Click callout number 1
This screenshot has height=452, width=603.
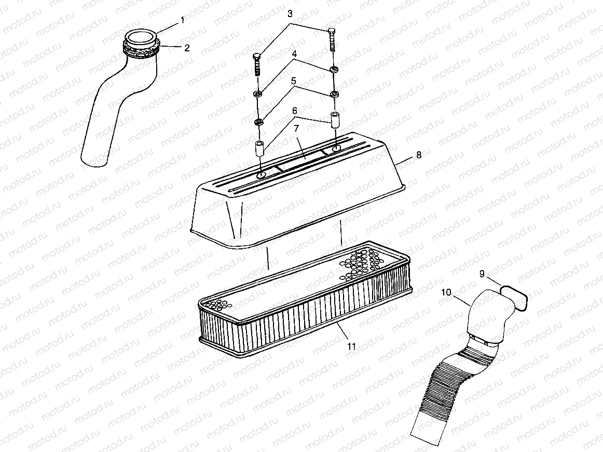(182, 20)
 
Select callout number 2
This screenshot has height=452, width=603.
(186, 48)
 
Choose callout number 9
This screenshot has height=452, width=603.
(482, 275)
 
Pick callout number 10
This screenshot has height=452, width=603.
(446, 292)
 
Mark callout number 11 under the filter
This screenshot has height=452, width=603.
(351, 346)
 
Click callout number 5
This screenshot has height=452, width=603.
(293, 81)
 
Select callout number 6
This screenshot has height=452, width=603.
(295, 111)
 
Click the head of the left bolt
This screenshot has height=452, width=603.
(257, 56)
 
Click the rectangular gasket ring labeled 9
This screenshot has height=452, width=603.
(514, 298)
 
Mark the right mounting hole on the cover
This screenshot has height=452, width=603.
(336, 149)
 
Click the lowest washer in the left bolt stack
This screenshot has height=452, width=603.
(258, 122)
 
